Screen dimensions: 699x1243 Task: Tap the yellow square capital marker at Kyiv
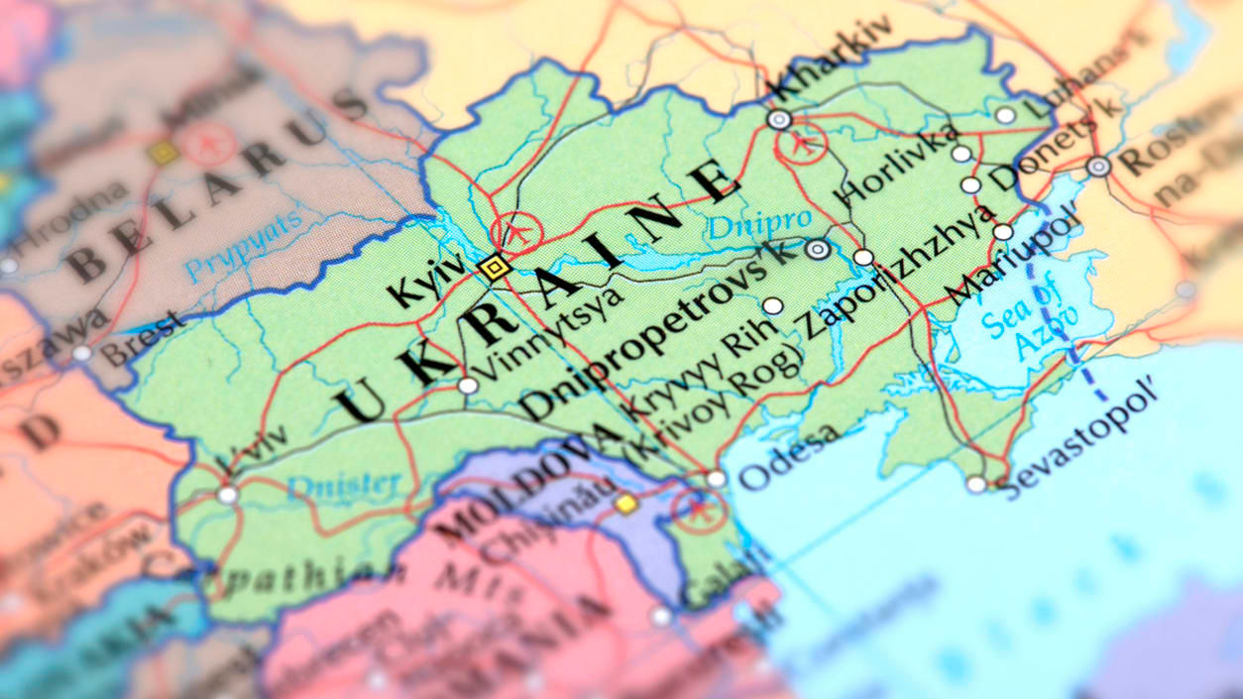click(493, 267)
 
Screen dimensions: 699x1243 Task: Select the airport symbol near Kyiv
click(516, 234)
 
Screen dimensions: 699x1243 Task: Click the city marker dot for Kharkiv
click(779, 120)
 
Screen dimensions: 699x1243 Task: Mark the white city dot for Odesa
click(716, 479)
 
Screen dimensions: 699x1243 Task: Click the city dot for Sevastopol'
click(976, 484)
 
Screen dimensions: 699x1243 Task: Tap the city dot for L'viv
click(228, 495)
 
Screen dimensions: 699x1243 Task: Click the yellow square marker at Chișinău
click(624, 504)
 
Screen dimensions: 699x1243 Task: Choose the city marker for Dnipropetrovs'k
click(818, 250)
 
